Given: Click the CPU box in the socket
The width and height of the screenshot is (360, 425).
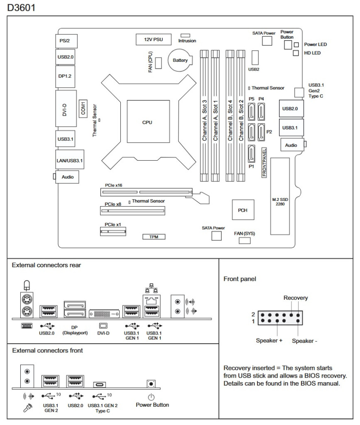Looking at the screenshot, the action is coord(148,122).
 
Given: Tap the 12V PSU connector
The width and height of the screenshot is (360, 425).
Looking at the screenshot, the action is coord(154,39).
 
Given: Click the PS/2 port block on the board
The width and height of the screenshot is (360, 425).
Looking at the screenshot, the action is coord(66,41).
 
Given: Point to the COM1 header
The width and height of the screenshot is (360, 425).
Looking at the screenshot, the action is coord(83,109).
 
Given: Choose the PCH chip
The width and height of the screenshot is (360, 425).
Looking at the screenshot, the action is coord(243,210).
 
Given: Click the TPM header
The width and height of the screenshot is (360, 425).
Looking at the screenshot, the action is coord(154,237).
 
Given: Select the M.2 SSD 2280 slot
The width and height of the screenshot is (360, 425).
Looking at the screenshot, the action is coord(280,196).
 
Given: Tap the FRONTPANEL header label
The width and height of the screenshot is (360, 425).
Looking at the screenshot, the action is coord(264,162).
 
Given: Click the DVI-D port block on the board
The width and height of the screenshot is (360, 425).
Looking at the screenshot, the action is coord(66,109).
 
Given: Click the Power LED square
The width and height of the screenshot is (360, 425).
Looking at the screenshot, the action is coord(296,44).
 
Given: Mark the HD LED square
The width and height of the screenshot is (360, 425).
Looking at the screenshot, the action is coord(296,53).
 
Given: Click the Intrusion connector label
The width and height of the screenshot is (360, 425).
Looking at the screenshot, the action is coord(187,41).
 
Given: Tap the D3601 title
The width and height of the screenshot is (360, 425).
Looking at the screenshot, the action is coord(21,7).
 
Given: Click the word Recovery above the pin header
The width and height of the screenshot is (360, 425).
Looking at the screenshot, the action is coord(296,298).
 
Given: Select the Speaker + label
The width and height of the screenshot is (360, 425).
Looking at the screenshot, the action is coord(269,340).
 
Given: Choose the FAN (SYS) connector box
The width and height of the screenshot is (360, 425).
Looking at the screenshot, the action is coord(245,240).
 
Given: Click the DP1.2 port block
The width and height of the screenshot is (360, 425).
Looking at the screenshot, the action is coord(65,76).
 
